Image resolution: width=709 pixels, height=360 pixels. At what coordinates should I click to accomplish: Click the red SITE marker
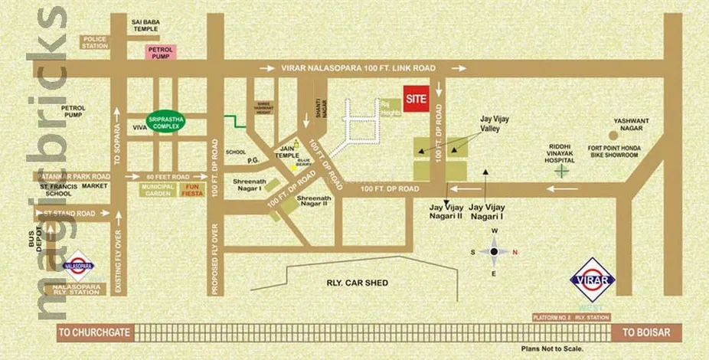pyautogui.click(x=417, y=100)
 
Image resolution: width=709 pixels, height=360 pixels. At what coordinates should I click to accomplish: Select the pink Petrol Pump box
pyautogui.click(x=161, y=52)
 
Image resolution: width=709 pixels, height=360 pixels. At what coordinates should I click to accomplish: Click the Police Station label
pyautogui.click(x=95, y=41)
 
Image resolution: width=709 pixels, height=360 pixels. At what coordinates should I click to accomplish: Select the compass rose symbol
pyautogui.click(x=494, y=251)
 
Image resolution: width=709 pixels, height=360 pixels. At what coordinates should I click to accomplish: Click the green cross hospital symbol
pyautogui.click(x=562, y=171)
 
